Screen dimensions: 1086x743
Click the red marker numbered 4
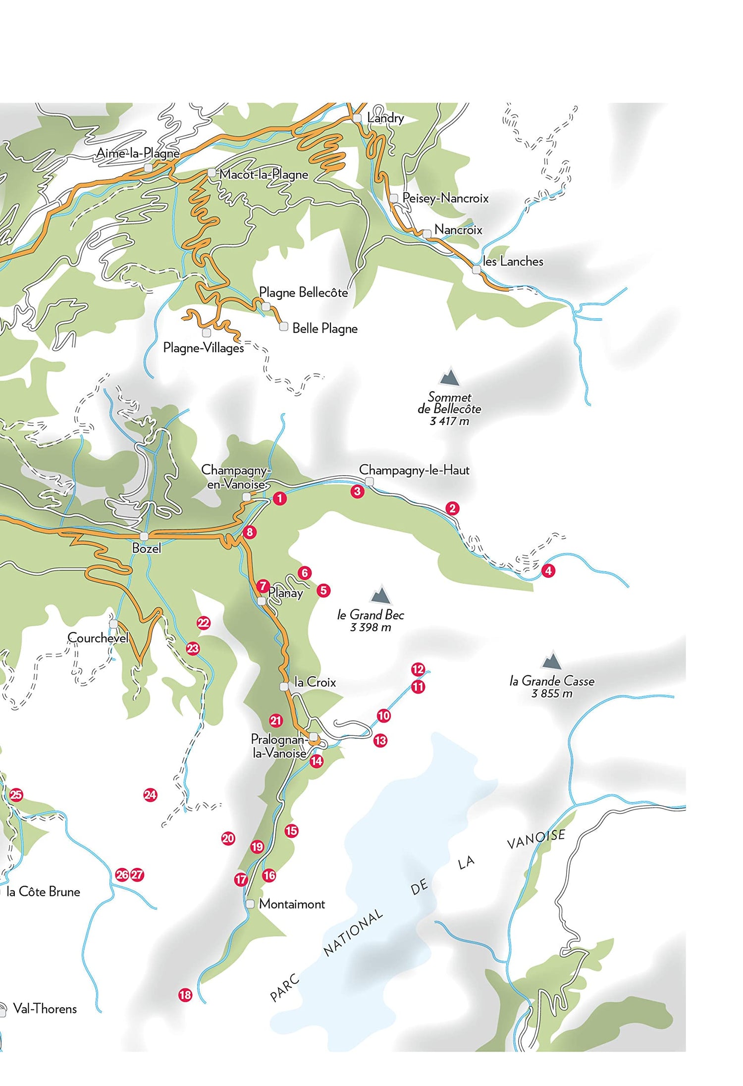(548, 571)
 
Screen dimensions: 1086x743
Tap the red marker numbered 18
(185, 995)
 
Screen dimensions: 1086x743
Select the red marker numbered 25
(16, 795)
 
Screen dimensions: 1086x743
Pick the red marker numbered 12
(418, 669)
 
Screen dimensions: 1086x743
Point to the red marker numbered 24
(150, 795)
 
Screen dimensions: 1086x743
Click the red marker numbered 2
(452, 508)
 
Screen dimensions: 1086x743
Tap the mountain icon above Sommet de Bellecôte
(449, 377)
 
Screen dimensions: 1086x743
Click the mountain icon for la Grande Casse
(551, 660)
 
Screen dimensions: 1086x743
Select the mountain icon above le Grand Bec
(380, 594)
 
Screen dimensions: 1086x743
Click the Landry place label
(385, 118)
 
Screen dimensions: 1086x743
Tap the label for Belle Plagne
(325, 328)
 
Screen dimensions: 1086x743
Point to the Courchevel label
(98, 638)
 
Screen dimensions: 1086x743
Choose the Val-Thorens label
(45, 1009)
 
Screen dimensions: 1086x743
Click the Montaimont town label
(292, 904)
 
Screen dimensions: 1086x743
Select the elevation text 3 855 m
(552, 694)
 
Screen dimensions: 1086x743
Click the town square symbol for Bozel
(144, 537)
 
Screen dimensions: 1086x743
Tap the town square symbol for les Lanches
(476, 270)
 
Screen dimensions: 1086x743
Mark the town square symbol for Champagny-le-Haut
(369, 482)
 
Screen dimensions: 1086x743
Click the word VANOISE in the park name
(536, 839)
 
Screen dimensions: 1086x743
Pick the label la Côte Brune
(43, 892)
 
